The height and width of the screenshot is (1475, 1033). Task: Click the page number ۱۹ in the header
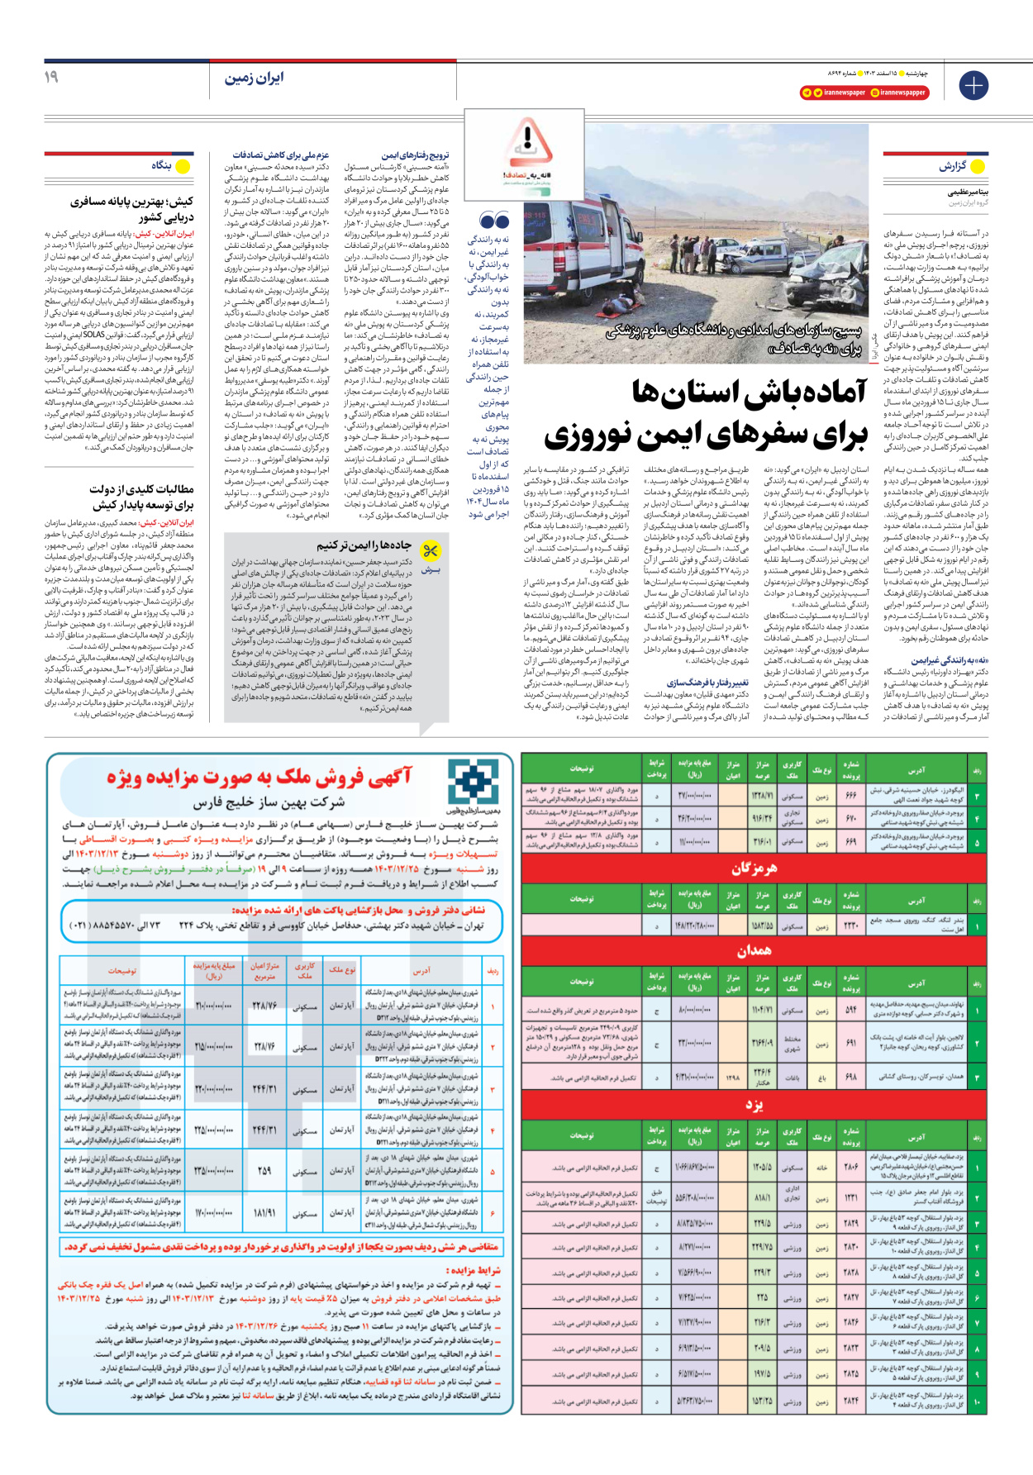tap(51, 77)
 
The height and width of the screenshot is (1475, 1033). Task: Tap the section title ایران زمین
tap(254, 78)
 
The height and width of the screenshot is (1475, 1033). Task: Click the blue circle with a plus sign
tap(973, 85)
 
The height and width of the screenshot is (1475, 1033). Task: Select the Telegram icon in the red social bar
tap(807, 93)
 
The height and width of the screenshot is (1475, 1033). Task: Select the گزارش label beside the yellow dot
tap(951, 166)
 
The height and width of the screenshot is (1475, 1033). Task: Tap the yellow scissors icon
tap(431, 550)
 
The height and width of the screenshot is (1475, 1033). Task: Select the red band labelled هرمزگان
tap(753, 868)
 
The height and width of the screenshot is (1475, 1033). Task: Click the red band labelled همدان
tap(753, 951)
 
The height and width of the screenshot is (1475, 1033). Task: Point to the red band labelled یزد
tap(753, 1106)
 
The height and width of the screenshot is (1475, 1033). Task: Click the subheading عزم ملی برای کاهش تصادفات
tap(280, 155)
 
